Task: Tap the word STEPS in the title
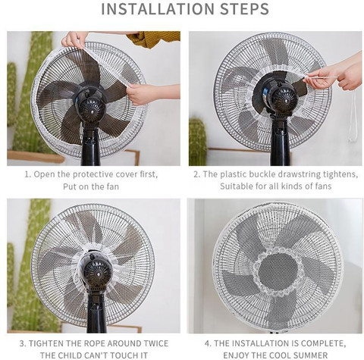tap(244, 9)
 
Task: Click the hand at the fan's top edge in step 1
tap(75, 39)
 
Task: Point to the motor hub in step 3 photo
tap(97, 272)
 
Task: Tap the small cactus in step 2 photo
tap(198, 141)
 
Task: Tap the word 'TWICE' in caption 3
tap(156, 343)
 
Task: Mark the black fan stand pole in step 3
tap(97, 310)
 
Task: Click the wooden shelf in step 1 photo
tap(36, 157)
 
